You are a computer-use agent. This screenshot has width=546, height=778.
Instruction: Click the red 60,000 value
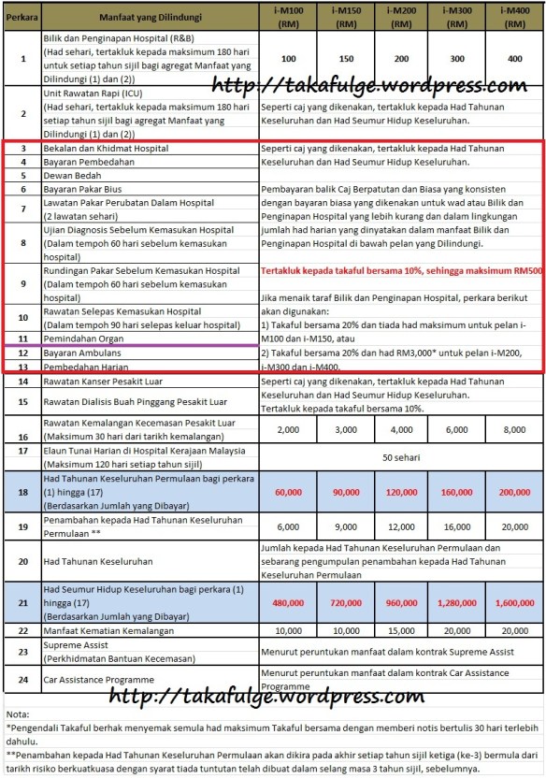coord(288,492)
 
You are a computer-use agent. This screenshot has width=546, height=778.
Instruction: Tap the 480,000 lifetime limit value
coord(288,603)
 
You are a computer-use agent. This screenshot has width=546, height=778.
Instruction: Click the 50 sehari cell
coord(400,457)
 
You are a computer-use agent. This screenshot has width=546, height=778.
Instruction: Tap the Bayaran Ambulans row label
coord(84,353)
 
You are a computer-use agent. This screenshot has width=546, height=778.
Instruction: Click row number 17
coord(22,450)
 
